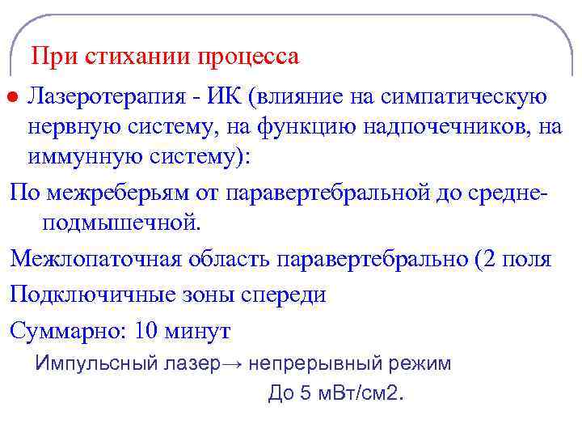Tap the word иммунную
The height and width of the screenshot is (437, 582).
(85, 156)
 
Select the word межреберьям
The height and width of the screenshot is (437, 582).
(133, 193)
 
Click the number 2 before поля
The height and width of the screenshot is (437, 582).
(490, 259)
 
